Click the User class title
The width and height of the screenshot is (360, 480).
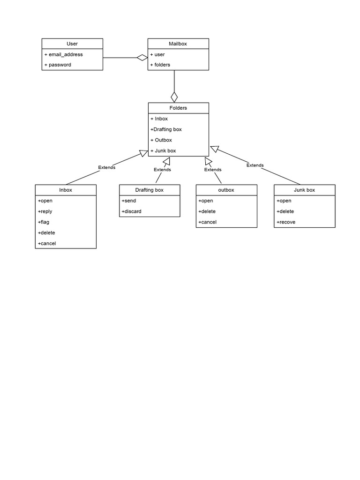(72, 44)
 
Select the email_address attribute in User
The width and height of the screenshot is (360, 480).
(65, 54)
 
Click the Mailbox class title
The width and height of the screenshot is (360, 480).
(178, 44)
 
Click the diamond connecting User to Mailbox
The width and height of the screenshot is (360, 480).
(142, 58)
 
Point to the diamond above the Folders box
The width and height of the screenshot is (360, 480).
(174, 97)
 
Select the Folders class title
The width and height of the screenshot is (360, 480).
(178, 108)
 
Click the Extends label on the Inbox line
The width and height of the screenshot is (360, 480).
(106, 167)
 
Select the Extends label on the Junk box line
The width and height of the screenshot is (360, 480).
(255, 165)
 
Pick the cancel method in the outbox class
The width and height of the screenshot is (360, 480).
(207, 222)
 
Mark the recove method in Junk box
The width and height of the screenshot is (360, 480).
(286, 222)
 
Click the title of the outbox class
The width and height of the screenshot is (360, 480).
(226, 190)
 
